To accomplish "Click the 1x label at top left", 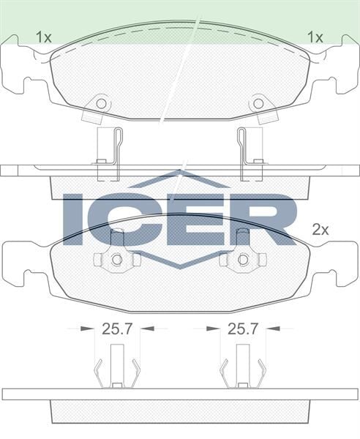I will coord(43,36).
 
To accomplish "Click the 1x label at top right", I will coord(315,36).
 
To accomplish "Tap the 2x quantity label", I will coord(320,228).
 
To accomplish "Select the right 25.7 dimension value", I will coord(243,329).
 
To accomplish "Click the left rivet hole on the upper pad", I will coord(101,103).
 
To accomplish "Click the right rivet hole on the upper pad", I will coord(258,103).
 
